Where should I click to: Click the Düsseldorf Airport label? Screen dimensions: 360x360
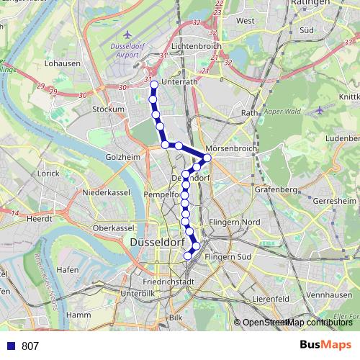[128, 50]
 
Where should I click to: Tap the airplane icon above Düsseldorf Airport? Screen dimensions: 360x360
[128, 34]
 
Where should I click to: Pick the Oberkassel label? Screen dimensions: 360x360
[114, 228]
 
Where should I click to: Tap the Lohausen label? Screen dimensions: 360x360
[60, 63]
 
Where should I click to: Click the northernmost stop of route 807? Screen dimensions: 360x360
[153, 85]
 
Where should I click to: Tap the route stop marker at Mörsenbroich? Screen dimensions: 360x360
[207, 158]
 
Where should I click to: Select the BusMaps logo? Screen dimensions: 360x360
[325, 346]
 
